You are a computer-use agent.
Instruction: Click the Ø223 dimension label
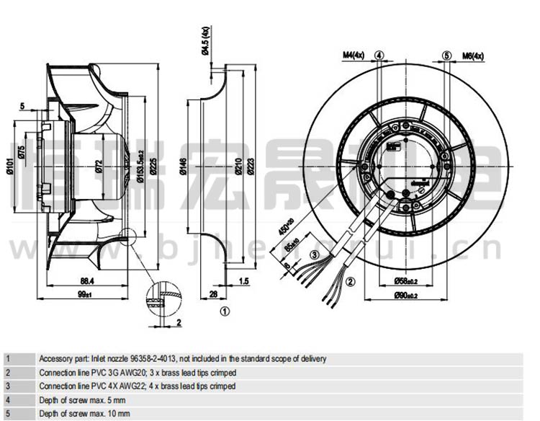(251, 167)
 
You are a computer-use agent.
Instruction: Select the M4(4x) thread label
(353, 55)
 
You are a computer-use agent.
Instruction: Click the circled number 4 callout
(379, 56)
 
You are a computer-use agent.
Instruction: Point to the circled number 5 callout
(446, 56)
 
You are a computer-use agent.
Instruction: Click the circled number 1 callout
(225, 311)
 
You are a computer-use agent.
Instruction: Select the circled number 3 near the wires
(314, 254)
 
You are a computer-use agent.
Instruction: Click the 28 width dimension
(213, 294)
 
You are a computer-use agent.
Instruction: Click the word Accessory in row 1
(55, 358)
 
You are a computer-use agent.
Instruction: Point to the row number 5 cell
(8, 413)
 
